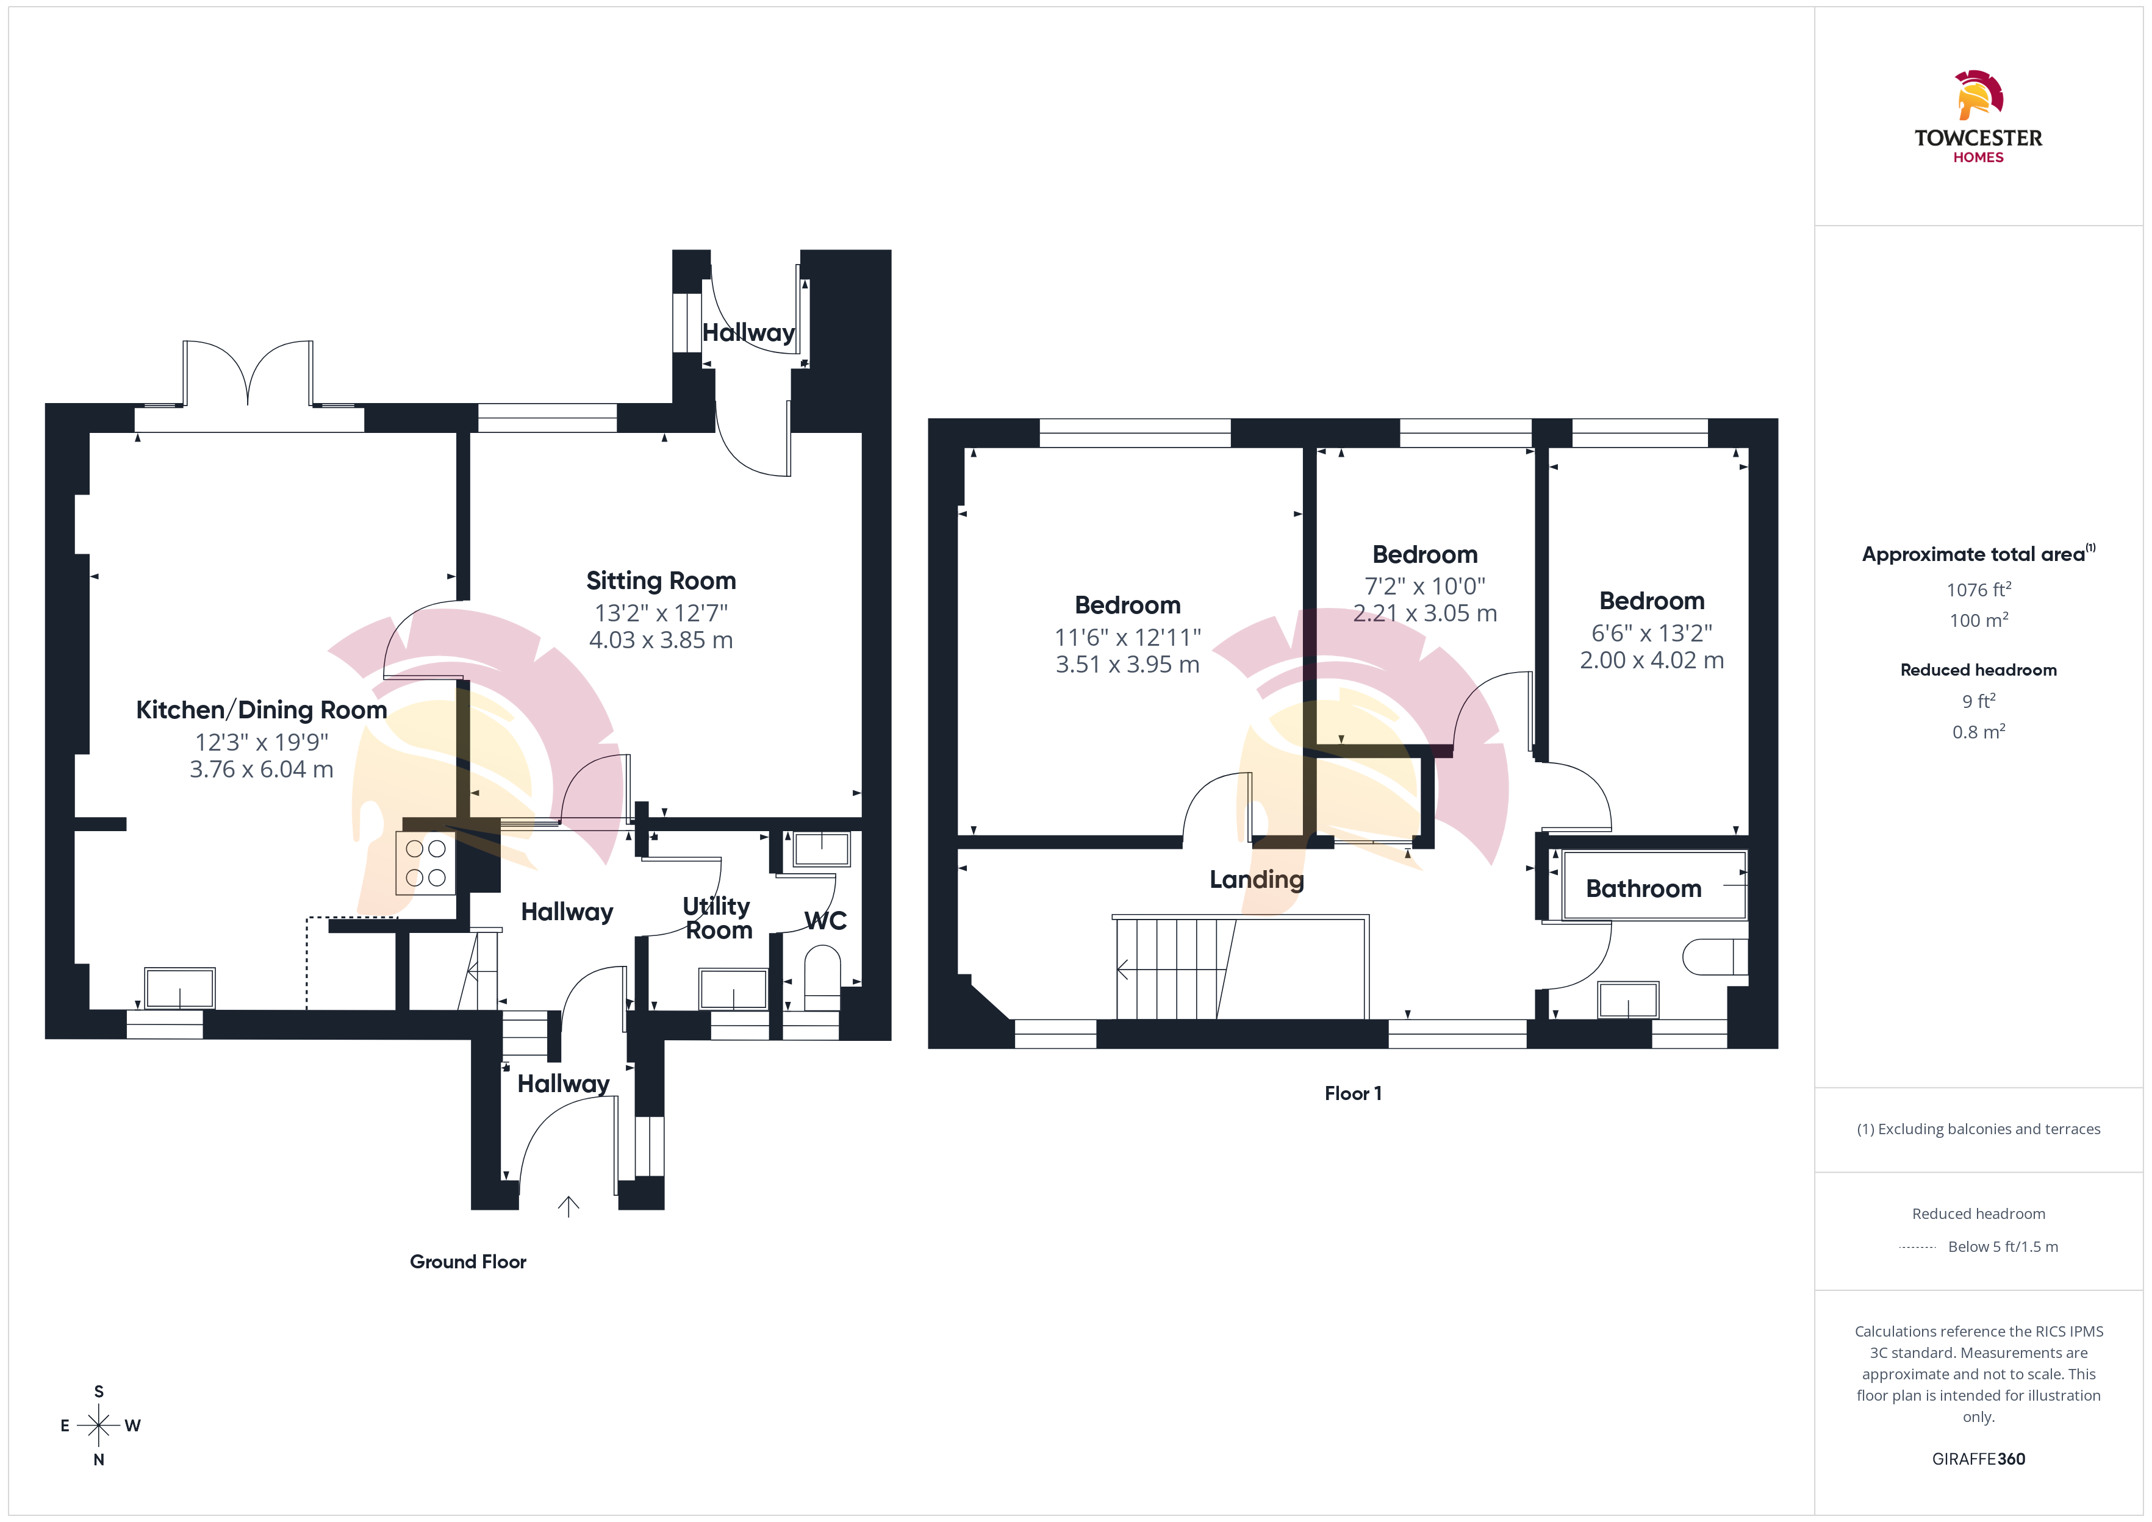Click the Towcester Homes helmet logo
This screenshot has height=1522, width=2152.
tap(1979, 96)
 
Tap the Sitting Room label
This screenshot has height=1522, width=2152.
tap(661, 581)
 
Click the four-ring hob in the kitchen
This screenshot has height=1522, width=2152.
tap(426, 863)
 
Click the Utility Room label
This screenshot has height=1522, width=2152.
tap(717, 918)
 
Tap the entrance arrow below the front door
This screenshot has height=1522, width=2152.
tap(568, 1206)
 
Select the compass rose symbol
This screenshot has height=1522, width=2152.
tap(98, 1426)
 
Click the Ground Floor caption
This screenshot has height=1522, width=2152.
tap(468, 1262)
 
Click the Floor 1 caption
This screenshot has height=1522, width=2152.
tap(1352, 1093)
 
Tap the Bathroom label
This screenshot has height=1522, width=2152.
tap(1643, 888)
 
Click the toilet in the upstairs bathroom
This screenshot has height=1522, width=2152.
tap(1715, 957)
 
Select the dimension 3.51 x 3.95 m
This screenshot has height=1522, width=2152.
tap(1128, 665)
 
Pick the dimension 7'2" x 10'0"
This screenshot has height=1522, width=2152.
tap(1425, 586)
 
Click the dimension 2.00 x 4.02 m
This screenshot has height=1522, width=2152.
tap(1651, 660)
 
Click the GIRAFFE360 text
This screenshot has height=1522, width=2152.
tap(1979, 1458)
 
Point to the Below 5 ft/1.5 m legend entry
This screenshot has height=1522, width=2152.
tap(2003, 1246)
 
